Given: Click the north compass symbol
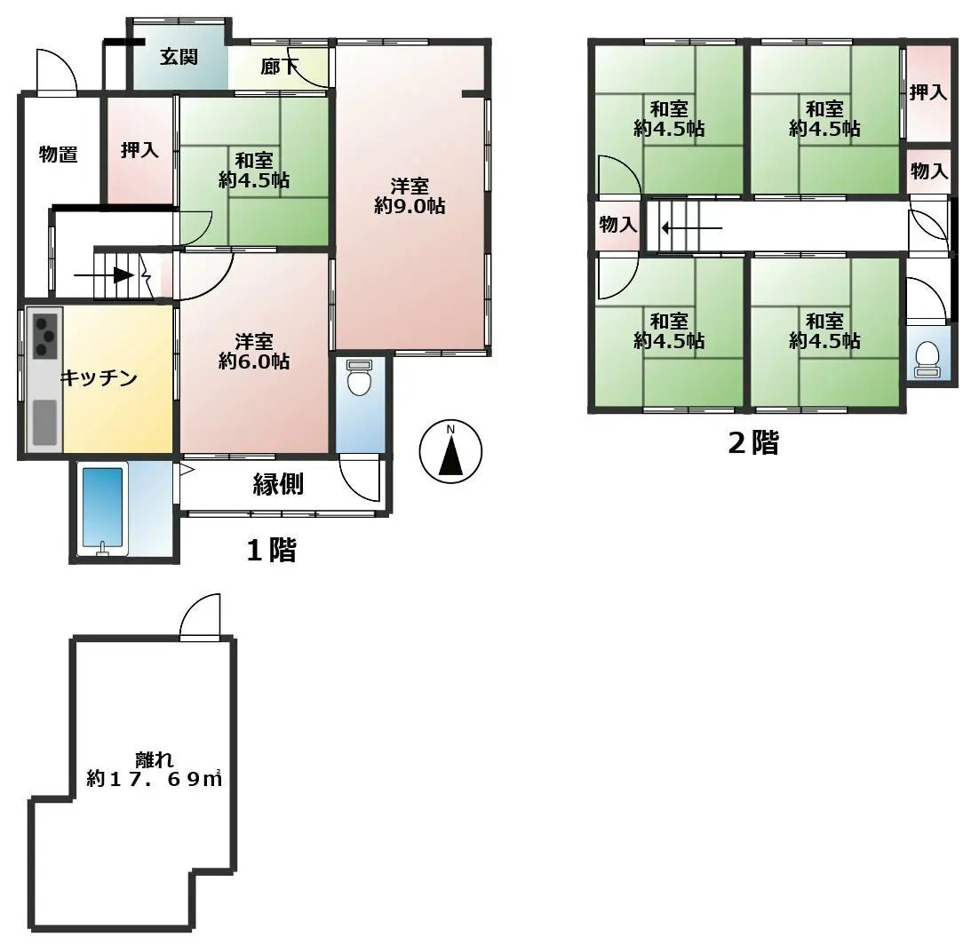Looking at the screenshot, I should pos(450,451).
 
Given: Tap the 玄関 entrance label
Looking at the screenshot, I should pos(179,58).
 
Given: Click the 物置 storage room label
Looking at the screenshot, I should pos(58,155).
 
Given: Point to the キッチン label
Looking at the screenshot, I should pos(99,379).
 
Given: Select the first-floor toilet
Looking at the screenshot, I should pos(360,379).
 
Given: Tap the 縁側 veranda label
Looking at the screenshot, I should pos(279,485).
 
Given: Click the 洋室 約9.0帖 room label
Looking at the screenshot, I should pos(410,196).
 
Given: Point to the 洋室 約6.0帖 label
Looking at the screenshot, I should pos(254,352).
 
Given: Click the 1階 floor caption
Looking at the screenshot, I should pos(271,551).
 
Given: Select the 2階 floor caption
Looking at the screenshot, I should pos(753,443).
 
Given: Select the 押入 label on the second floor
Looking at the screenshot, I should pos(928,91).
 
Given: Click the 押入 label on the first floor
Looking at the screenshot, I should pos(139,150).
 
